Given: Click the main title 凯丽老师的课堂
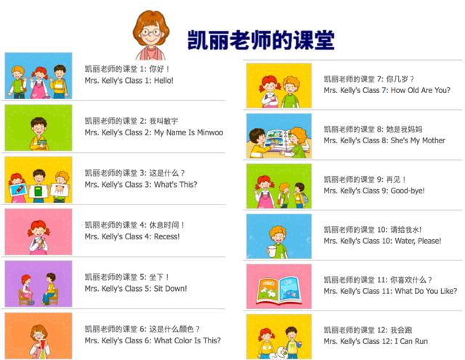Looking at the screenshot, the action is tap(262, 40).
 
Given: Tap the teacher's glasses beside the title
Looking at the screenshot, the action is tap(151, 32).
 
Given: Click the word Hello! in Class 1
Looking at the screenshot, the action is tap(163, 81).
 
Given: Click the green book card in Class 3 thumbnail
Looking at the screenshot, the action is tap(39, 191).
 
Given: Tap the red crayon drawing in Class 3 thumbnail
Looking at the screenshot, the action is tap(18, 190).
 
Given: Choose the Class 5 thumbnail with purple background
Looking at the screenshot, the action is tap(39, 284).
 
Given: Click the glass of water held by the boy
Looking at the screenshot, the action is tap(272, 251).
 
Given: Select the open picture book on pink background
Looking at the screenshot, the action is tap(279, 290).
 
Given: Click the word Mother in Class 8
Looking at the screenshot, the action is tap(433, 140).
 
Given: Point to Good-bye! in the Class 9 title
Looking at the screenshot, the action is tap(408, 191).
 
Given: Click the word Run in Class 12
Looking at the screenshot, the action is tap(421, 341).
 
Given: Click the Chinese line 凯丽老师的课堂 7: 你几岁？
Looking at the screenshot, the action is tap(368, 79).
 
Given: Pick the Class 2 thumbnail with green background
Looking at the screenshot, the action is tap(39, 127).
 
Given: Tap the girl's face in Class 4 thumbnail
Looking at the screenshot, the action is tap(39, 231).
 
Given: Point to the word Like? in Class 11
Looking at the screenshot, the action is tap(449, 291).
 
